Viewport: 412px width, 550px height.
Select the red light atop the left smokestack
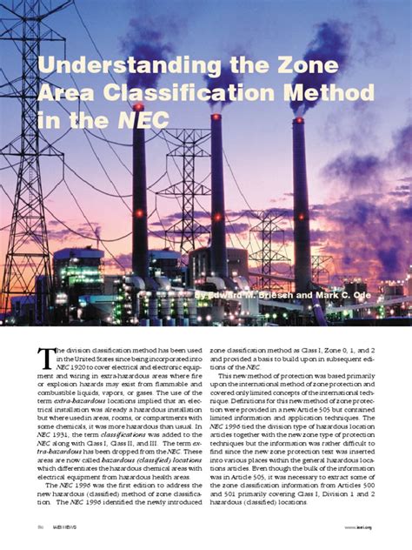point(139,108)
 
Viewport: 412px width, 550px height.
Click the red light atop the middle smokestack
point(216,117)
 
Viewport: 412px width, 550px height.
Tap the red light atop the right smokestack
point(299,121)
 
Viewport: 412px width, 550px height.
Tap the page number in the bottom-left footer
point(41,527)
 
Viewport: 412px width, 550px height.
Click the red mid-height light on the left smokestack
point(139,213)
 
